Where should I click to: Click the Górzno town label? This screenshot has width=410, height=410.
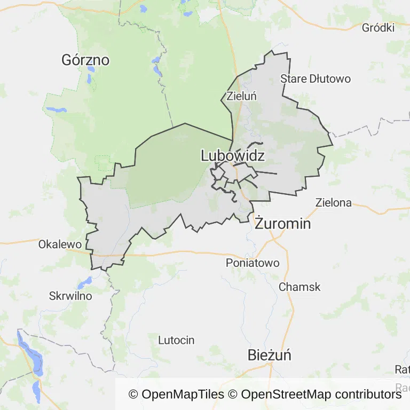point(85,60)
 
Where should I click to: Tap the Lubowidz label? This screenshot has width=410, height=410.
point(233,155)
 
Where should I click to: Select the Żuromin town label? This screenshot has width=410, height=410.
point(282,223)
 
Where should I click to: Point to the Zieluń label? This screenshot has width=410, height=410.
point(242,97)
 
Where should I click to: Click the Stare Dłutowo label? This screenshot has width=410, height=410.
point(316,79)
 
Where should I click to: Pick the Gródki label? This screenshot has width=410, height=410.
point(378,28)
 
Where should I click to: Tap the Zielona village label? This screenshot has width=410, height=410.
point(334,202)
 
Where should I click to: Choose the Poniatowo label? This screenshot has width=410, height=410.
point(253,263)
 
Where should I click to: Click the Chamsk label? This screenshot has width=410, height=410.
point(299,287)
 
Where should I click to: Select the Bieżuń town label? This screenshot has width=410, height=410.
point(270,355)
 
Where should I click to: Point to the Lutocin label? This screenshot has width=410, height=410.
point(176,340)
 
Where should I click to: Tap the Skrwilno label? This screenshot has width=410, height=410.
point(70,295)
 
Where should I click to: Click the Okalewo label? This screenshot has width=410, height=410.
point(60,244)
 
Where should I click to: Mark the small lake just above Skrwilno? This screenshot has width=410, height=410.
point(85,281)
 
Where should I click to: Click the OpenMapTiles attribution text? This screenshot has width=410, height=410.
point(176,395)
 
